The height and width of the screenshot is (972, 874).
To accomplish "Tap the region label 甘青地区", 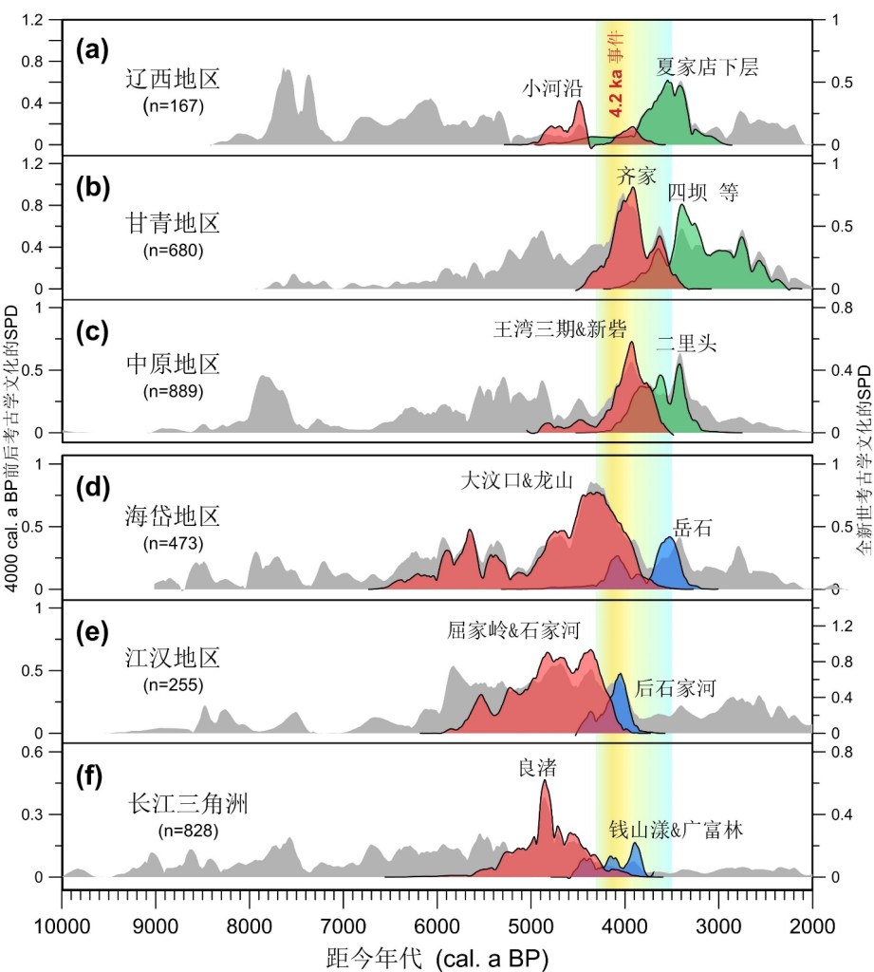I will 173,224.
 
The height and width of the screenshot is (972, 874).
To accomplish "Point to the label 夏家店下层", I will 708,66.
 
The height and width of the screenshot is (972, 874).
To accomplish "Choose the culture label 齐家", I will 636,176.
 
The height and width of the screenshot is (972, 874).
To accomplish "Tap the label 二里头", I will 686,346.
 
